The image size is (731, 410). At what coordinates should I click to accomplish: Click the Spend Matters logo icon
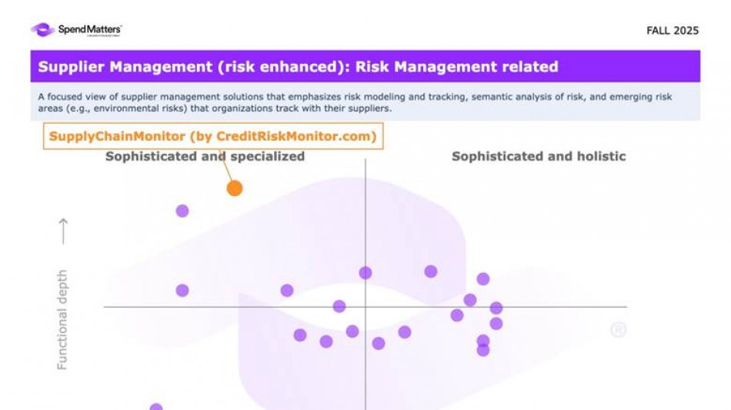(42, 30)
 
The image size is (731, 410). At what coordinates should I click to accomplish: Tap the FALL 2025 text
(673, 31)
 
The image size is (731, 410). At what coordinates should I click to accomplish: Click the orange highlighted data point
(235, 188)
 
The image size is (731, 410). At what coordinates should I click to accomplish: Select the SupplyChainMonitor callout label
(213, 136)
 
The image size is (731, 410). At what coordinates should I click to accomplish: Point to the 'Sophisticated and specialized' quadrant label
(205, 157)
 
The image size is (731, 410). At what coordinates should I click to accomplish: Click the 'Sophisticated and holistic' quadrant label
(539, 157)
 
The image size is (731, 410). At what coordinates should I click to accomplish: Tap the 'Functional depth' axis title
(62, 319)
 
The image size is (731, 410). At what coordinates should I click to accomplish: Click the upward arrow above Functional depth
(63, 231)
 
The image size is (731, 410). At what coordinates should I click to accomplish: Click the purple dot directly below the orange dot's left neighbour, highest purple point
(182, 211)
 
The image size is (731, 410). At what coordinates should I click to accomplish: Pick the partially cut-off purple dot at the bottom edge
(156, 407)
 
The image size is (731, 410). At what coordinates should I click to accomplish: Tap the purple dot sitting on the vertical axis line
(365, 273)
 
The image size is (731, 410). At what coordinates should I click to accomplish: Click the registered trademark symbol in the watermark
(618, 329)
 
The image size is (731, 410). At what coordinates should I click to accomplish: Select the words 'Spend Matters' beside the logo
(89, 29)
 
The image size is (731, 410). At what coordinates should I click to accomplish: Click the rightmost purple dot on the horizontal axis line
(496, 308)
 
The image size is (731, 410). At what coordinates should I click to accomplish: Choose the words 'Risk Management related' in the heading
(457, 67)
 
